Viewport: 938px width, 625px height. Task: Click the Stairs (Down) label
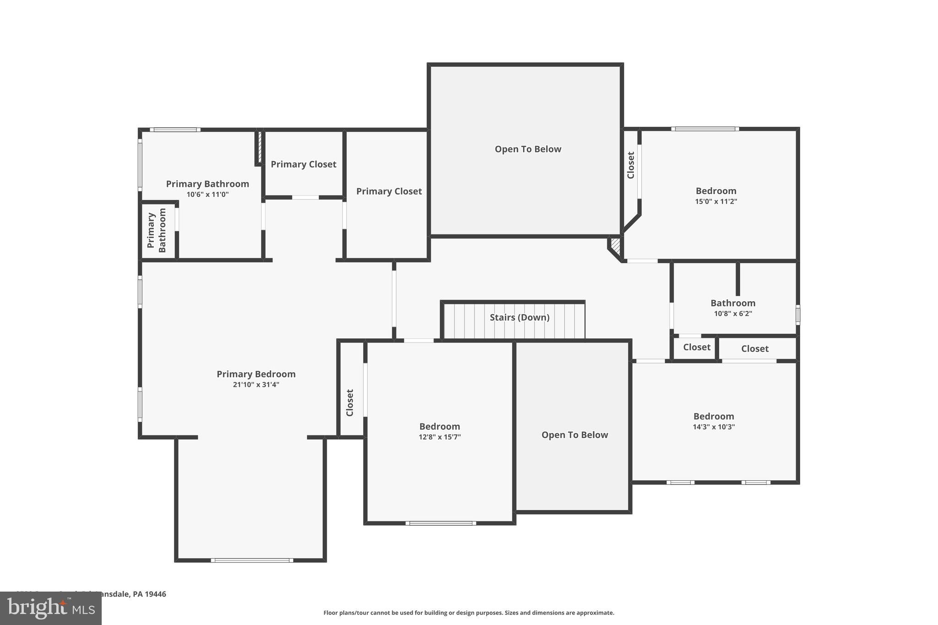click(x=519, y=317)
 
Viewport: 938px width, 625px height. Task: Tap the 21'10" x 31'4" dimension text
click(x=256, y=385)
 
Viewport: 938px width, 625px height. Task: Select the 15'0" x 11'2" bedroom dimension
click(x=716, y=201)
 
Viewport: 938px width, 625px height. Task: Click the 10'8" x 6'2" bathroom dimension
click(x=733, y=314)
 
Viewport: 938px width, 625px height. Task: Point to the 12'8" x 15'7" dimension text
click(x=439, y=437)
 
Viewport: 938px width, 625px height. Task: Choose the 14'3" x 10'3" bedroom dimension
click(x=714, y=427)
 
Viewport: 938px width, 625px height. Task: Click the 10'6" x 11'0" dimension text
click(x=207, y=195)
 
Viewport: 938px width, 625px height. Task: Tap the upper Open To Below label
click(x=528, y=149)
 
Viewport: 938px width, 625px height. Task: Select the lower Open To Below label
click(x=574, y=435)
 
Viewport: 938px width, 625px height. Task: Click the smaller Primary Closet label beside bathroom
click(x=303, y=164)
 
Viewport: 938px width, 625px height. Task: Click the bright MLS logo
click(x=50, y=608)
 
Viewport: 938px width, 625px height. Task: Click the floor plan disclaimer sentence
click(x=469, y=613)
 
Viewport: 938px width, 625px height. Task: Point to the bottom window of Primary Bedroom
click(x=252, y=560)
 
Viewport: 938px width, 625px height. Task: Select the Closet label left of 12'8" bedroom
click(x=350, y=402)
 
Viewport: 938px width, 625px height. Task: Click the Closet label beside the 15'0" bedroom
click(x=631, y=165)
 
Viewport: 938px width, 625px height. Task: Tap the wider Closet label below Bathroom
click(x=754, y=349)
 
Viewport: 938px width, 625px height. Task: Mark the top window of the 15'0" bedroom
click(x=704, y=129)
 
